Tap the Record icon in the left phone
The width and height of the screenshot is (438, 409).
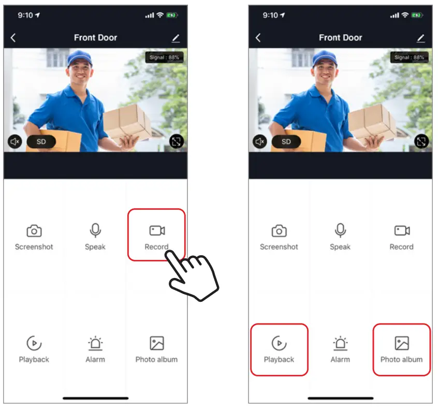(x=156, y=230)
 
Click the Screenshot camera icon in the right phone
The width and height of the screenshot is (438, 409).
(x=279, y=230)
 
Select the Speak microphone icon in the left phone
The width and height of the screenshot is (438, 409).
(x=95, y=230)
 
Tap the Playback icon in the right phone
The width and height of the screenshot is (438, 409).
(x=279, y=343)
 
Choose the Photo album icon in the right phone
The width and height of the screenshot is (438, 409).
(x=402, y=343)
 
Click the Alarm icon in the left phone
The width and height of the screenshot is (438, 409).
(x=95, y=343)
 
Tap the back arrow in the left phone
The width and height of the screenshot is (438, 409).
(x=13, y=38)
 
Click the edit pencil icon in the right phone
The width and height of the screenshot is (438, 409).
(x=420, y=38)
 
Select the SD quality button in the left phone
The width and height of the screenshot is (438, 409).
(x=41, y=141)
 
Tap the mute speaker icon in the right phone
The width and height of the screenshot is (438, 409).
(x=259, y=141)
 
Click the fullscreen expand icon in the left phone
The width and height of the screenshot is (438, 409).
(x=177, y=141)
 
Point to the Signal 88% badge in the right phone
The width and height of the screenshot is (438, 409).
(x=409, y=57)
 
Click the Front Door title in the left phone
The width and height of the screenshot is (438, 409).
(x=95, y=38)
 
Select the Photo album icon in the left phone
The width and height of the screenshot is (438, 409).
(x=156, y=343)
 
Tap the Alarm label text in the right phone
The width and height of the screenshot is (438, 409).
(x=340, y=359)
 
